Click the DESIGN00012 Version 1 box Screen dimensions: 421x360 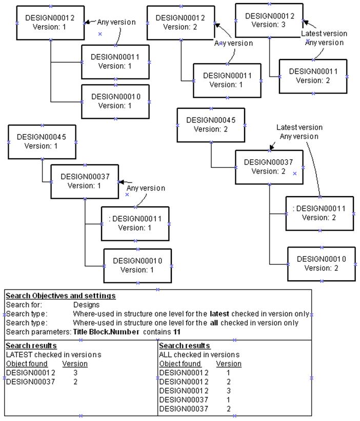[50, 23]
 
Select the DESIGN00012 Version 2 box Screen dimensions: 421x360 [181, 23]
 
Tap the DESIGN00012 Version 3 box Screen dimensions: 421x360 [269, 20]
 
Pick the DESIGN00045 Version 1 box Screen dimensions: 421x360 [42, 142]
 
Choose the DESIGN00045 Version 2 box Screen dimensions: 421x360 [211, 125]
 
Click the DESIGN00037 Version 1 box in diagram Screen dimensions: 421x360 [85, 181]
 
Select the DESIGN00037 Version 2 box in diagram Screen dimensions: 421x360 [269, 167]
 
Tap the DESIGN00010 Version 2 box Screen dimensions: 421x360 [321, 263]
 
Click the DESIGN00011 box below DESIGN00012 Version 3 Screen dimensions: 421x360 [313, 76]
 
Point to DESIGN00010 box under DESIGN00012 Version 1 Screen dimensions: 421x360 [115, 101]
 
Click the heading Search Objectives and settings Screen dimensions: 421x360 [61, 296]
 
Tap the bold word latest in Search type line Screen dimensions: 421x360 [219, 314]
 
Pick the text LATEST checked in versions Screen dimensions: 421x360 [53, 355]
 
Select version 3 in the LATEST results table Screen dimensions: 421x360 [75, 372]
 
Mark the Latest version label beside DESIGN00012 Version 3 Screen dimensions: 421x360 [324, 33]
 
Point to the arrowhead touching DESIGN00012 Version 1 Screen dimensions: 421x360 [87, 22]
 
